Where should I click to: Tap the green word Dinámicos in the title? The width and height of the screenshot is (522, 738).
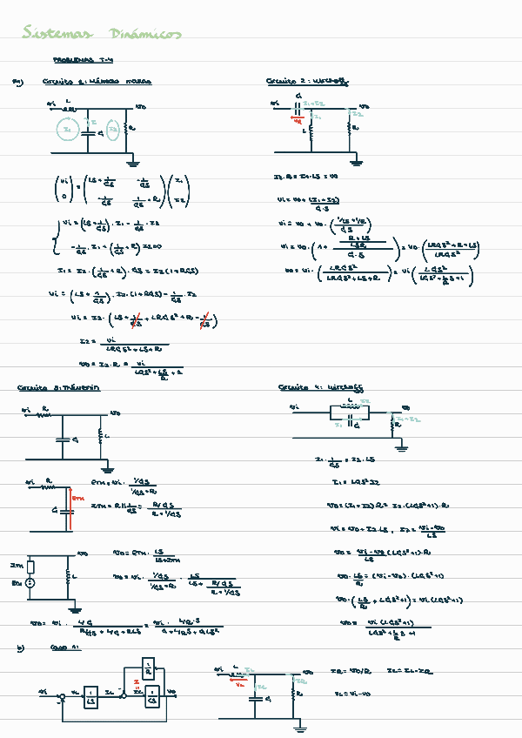[145, 34]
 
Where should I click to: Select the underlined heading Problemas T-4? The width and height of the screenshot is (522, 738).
[84, 61]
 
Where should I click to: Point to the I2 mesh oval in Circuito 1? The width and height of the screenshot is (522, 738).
[112, 132]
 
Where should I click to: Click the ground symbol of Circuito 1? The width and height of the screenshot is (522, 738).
[132, 161]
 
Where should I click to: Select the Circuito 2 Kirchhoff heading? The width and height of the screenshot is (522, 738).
[308, 81]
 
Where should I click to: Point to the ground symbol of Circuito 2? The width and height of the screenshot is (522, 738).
[355, 161]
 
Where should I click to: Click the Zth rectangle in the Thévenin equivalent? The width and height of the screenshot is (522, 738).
[30, 566]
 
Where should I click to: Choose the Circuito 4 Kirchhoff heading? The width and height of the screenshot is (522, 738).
[320, 386]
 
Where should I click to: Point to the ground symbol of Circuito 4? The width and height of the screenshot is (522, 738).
[401, 447]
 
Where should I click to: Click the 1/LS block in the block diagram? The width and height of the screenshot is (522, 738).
[90, 694]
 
